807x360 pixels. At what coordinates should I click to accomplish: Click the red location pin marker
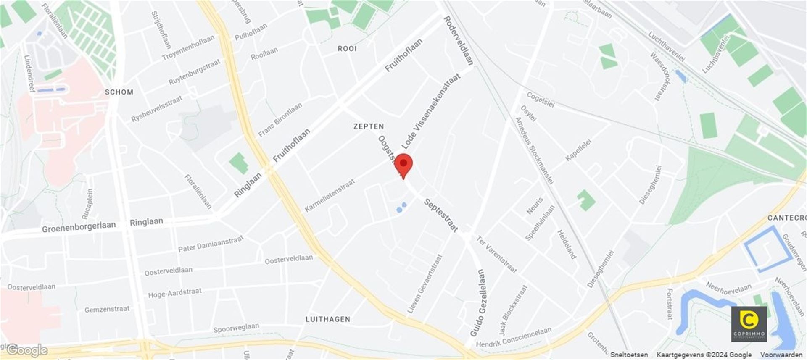[403, 165]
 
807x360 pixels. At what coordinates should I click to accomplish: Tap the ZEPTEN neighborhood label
[368, 126]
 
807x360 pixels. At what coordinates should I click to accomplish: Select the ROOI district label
[347, 49]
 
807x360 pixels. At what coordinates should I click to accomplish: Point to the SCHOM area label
[119, 92]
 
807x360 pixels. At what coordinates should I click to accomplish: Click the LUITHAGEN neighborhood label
[328, 319]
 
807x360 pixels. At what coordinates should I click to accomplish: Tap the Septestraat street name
[440, 215]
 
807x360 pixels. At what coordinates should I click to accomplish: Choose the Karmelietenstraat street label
[330, 195]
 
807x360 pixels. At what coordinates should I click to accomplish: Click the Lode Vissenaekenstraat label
[431, 111]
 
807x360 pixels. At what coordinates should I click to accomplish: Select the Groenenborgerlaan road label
[79, 227]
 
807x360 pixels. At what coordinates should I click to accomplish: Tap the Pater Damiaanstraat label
[211, 244]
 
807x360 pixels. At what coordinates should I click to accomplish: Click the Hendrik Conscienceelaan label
[514, 337]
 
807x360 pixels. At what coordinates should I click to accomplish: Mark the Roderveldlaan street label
[459, 41]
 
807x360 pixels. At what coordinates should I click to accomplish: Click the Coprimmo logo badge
[749, 324]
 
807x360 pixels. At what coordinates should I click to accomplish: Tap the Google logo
[27, 350]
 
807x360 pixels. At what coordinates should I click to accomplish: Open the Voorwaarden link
[781, 355]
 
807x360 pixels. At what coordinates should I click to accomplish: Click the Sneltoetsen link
[629, 355]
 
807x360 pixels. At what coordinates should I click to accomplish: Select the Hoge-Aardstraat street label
[174, 293]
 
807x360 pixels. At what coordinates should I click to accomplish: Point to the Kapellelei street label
[578, 150]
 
